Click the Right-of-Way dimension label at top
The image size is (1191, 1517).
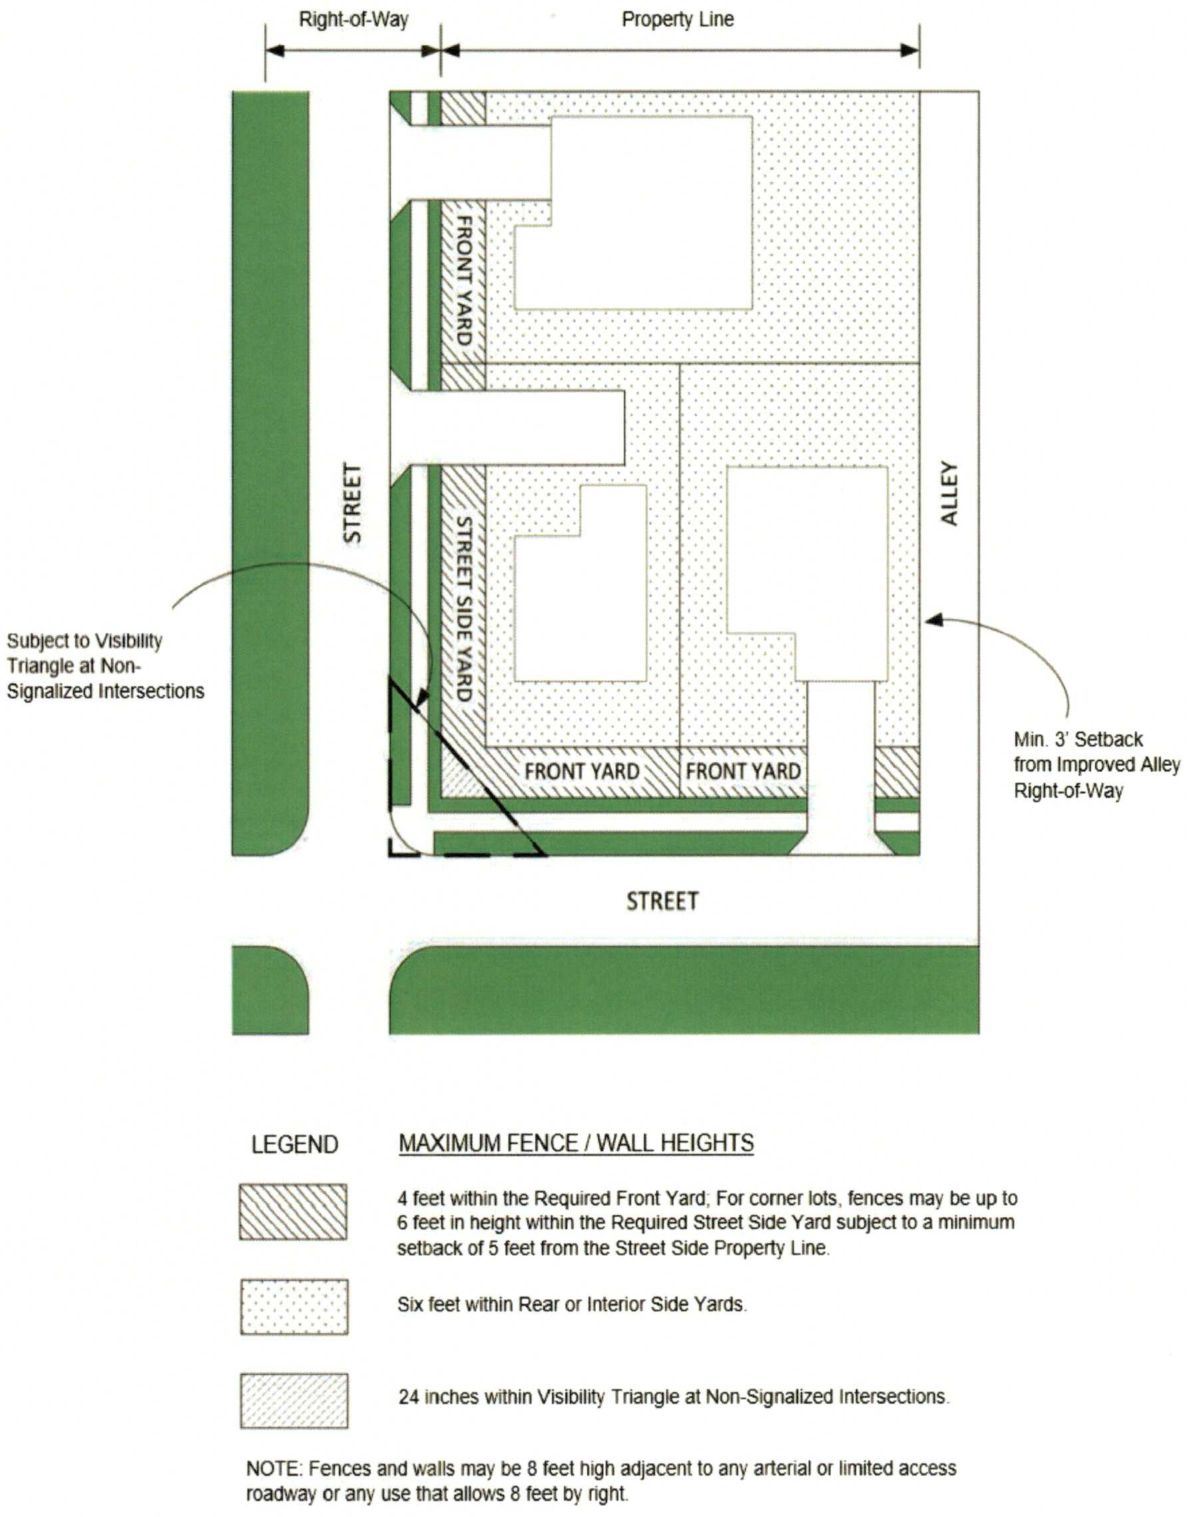coord(354,19)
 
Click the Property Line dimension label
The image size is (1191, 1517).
coord(677,19)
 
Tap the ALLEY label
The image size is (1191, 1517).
coord(949,493)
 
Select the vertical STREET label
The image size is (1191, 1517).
coord(353,503)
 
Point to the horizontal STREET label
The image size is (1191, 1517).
coord(662,901)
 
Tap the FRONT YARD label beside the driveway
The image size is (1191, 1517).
coord(743,771)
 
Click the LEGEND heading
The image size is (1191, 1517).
coord(294,1145)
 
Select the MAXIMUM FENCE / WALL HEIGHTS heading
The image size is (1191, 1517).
coord(576,1143)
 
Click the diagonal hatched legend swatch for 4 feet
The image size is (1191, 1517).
coord(293,1211)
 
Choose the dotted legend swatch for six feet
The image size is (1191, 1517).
coord(294,1307)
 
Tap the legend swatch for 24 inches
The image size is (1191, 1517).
coord(294,1400)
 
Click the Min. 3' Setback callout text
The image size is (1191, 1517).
coord(1096,765)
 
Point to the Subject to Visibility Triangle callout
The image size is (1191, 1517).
coord(105,666)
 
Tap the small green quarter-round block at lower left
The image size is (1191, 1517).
coord(270,990)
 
